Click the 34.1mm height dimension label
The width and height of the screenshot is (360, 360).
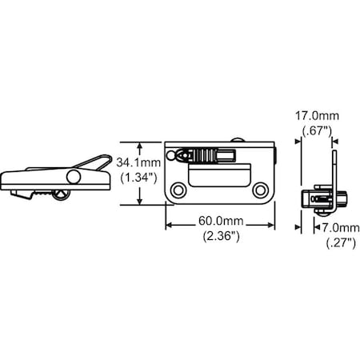click(137, 162)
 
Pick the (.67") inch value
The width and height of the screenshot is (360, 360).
click(314, 132)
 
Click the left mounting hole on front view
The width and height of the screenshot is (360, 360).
click(179, 190)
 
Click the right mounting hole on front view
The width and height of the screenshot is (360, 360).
click(260, 190)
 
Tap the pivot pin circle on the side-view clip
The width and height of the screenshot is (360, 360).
click(74, 176)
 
